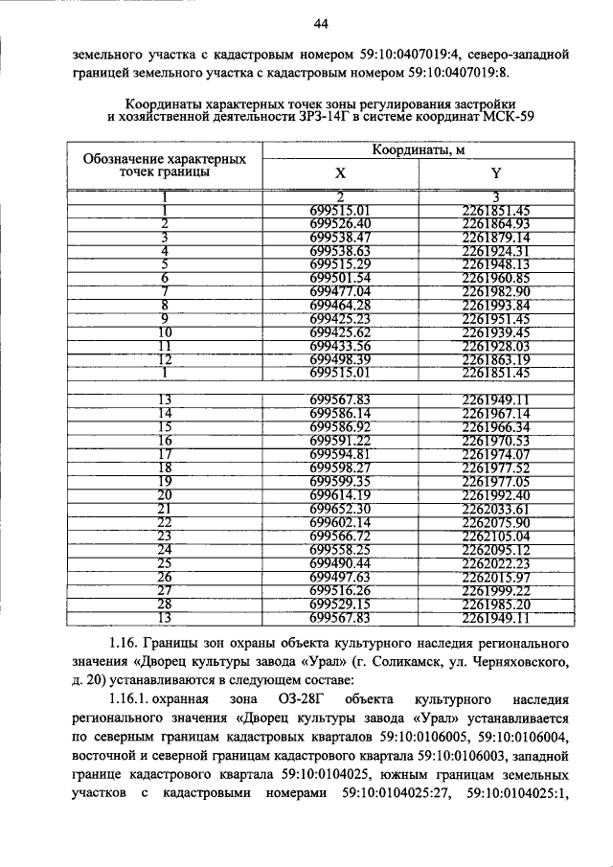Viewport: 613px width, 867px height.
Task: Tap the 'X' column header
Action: click(340, 174)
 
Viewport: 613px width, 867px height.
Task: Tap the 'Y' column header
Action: click(495, 174)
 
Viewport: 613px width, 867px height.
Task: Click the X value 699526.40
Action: click(340, 224)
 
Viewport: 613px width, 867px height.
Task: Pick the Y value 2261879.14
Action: click(495, 238)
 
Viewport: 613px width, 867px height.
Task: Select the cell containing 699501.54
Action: click(340, 278)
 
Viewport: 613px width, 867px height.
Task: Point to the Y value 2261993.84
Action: click(495, 305)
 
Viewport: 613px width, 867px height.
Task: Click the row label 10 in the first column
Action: click(165, 331)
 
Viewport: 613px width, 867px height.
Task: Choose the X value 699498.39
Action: click(340, 358)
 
